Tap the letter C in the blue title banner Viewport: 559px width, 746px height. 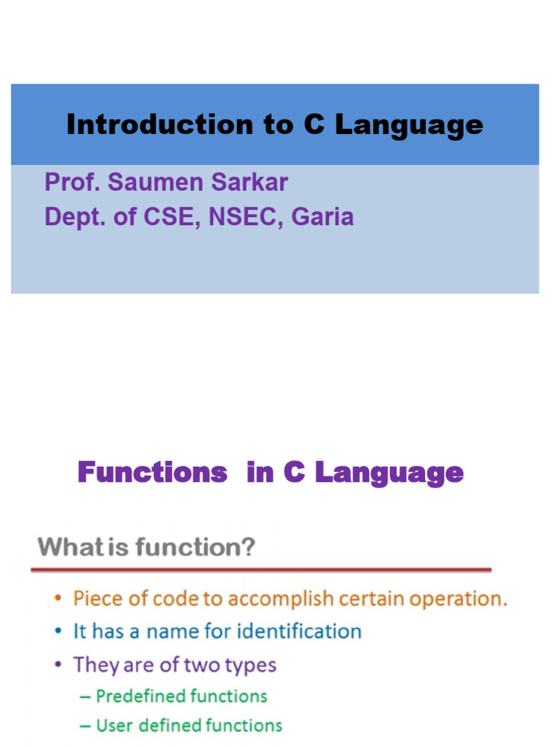click(313, 125)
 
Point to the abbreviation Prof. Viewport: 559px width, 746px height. click(71, 182)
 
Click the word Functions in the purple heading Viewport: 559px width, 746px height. click(152, 473)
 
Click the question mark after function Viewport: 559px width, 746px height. click(248, 546)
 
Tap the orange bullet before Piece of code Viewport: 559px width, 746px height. click(58, 600)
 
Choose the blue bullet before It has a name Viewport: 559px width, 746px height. click(58, 632)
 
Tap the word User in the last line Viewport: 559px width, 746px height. click(113, 726)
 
